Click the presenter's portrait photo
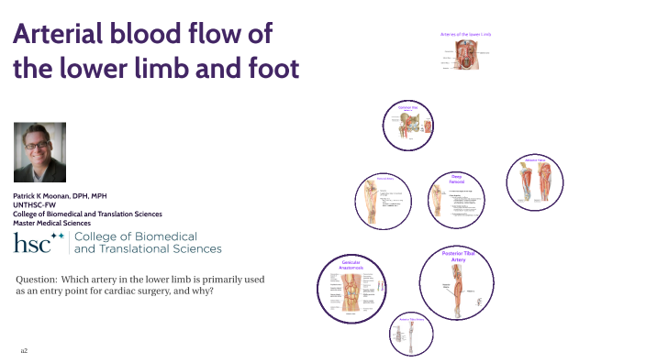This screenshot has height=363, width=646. point(49,152)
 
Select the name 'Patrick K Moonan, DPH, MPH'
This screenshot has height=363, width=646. point(66,197)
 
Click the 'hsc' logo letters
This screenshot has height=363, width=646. point(31,244)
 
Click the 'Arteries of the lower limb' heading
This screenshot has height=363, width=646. point(465,35)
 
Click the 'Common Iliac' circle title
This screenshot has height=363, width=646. point(407,108)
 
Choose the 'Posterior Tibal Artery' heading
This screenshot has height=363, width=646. point(458,256)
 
